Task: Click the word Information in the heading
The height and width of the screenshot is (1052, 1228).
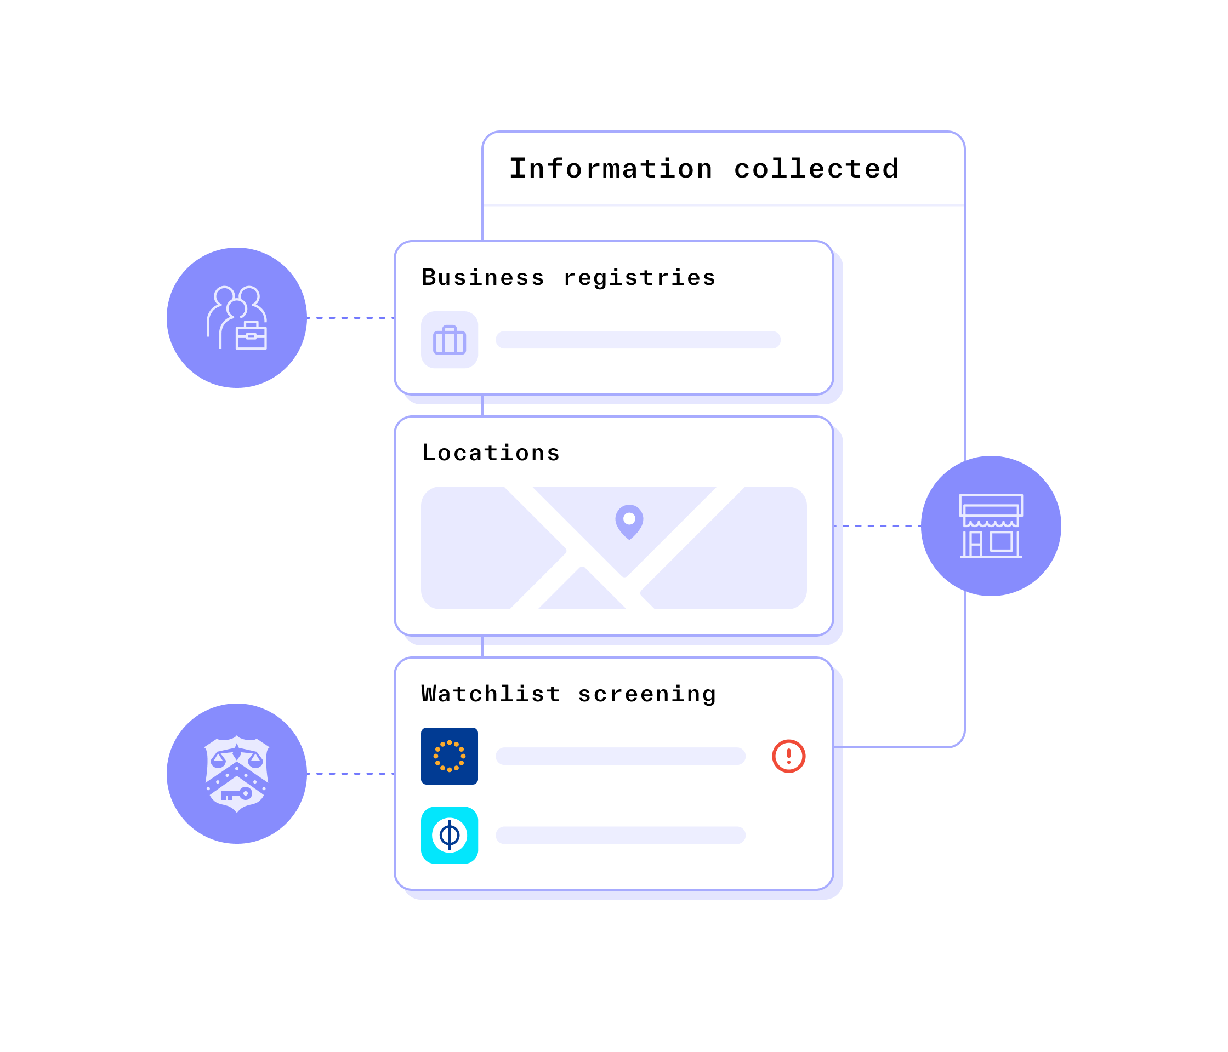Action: pos(611,169)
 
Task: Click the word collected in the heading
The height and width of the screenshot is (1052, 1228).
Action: pos(816,169)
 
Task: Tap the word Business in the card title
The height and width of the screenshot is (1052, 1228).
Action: pos(482,277)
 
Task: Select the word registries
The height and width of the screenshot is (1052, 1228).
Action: pos(639,277)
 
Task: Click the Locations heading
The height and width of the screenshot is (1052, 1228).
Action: pos(491,453)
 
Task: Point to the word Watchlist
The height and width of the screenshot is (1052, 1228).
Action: pos(491,694)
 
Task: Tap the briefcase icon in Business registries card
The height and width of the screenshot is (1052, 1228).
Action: pos(449,340)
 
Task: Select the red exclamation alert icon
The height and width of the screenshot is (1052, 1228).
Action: pos(788,757)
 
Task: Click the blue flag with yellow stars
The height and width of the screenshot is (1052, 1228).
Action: pos(449,757)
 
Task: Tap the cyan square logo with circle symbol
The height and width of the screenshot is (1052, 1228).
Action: pos(449,835)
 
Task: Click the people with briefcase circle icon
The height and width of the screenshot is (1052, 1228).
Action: pos(236,318)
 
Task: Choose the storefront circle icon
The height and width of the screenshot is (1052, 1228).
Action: pos(991,526)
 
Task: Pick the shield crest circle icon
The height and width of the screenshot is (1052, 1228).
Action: pos(236,774)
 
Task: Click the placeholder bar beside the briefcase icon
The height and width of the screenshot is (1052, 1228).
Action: pos(638,340)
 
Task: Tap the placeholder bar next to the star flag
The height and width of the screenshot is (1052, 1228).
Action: pos(620,757)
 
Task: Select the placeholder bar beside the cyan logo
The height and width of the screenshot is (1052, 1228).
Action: pos(620,835)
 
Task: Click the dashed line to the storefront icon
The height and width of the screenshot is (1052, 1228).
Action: pos(877,526)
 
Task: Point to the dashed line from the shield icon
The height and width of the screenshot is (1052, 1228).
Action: pos(350,774)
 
